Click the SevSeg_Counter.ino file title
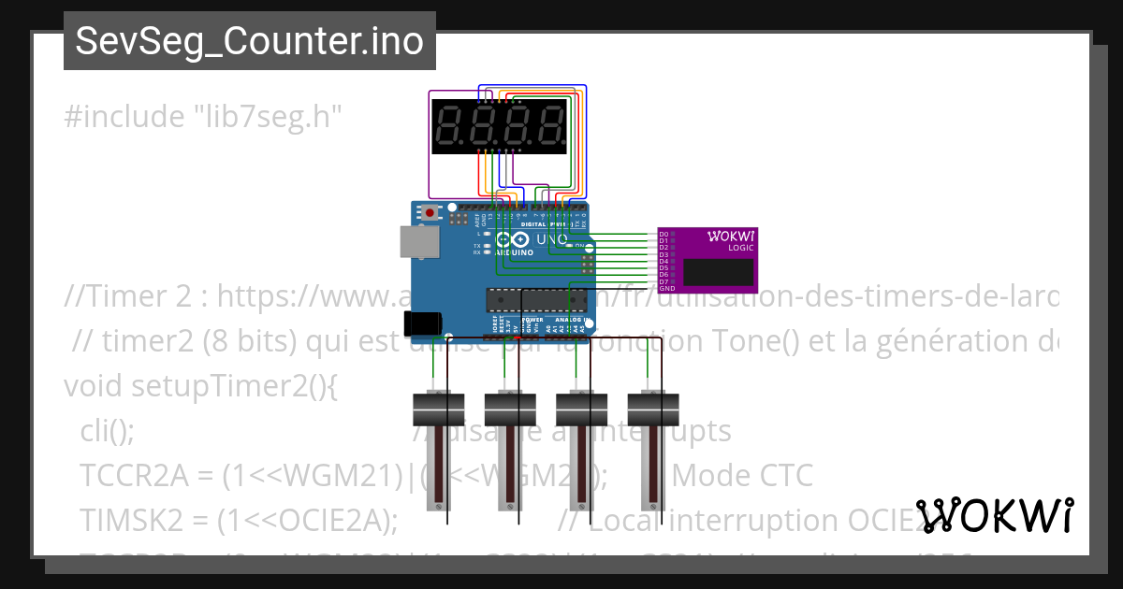click(x=249, y=41)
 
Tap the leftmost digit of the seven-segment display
click(x=451, y=126)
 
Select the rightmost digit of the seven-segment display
click(x=551, y=126)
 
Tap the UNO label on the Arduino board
click(x=551, y=239)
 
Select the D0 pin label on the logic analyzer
click(x=664, y=234)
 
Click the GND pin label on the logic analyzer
click(x=666, y=289)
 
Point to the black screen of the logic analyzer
click(x=718, y=272)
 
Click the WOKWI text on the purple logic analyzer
click(x=731, y=236)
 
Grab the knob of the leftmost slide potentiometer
click(x=438, y=409)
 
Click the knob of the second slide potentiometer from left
click(x=509, y=409)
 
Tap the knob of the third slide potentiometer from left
click(x=581, y=409)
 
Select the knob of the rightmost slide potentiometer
click(x=652, y=409)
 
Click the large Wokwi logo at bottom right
click(x=994, y=515)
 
